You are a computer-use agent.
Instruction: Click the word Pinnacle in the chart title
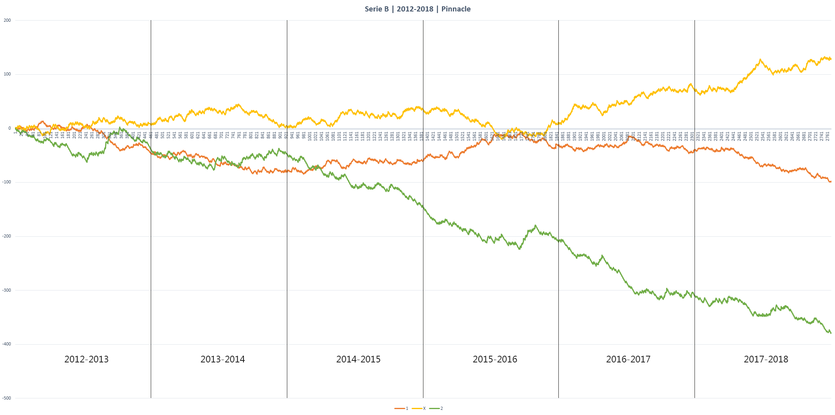point(456,9)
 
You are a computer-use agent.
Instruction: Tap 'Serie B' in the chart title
point(376,9)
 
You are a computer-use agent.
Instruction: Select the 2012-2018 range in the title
point(415,9)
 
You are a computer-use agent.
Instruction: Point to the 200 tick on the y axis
point(7,21)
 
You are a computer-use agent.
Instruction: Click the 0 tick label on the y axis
point(9,128)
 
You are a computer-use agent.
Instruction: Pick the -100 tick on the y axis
point(7,182)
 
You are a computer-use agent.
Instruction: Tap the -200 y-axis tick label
point(7,236)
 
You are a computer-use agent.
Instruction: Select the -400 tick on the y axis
point(7,344)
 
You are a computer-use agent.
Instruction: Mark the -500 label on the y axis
point(7,398)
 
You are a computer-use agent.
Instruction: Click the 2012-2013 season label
point(86,359)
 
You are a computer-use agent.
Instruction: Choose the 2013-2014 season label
point(223,359)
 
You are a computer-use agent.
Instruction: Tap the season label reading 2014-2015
point(358,359)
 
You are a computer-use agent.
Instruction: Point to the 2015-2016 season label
point(495,359)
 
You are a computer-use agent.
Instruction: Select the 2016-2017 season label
point(628,359)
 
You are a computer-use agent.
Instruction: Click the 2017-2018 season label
point(766,359)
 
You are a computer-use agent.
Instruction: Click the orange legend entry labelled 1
point(401,408)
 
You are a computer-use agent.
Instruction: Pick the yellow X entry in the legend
point(419,408)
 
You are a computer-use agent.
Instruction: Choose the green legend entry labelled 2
point(436,408)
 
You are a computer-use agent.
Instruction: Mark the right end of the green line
point(831,333)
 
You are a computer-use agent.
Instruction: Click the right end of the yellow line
point(831,59)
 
